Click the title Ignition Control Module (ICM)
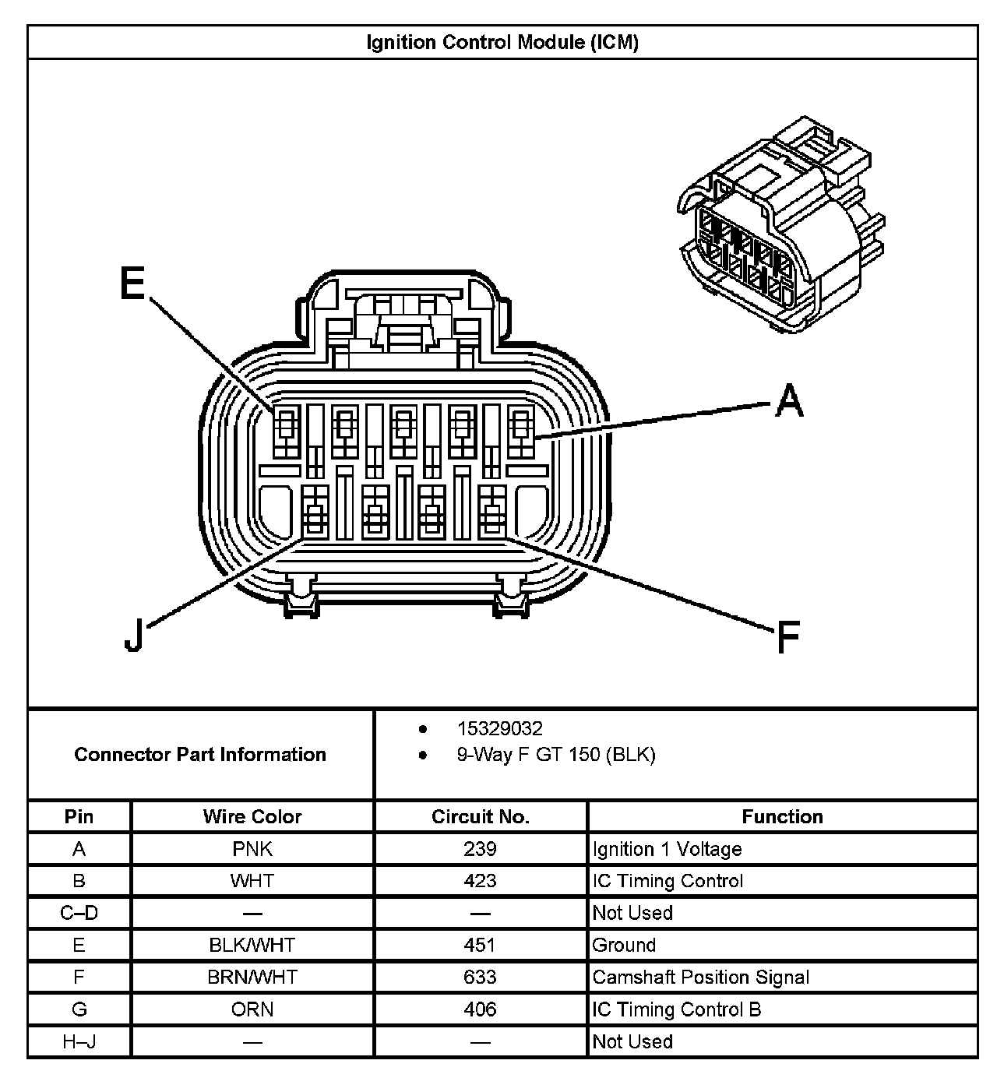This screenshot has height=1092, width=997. point(502,42)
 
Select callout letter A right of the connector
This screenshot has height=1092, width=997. point(788,400)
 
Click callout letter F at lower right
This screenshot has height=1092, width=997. point(788,637)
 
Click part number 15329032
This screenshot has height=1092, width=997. point(499,728)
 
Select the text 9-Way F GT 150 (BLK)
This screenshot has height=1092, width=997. point(556,754)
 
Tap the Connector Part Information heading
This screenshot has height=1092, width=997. point(200,754)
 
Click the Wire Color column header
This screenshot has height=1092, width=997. point(252,816)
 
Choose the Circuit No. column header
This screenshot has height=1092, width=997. point(480,816)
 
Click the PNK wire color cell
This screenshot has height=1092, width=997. point(252,848)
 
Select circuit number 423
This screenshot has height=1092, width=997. point(480,880)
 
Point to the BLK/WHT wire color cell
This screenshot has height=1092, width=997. point(252,945)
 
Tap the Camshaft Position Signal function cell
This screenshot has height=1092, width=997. point(701,977)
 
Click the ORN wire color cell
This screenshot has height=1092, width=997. point(252,1009)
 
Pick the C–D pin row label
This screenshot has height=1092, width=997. point(79,912)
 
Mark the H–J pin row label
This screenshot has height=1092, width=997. point(79,1041)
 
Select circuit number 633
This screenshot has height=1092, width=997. point(480,977)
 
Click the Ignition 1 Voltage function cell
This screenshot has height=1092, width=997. point(668,848)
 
